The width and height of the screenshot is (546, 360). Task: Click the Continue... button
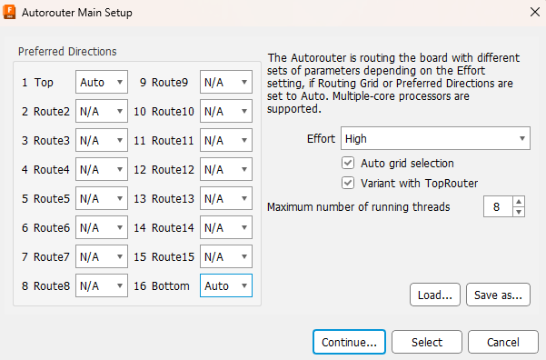click(x=349, y=342)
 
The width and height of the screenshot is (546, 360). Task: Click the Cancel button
click(x=502, y=342)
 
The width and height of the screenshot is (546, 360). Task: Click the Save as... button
click(x=499, y=295)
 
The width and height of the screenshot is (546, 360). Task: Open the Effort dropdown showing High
click(x=435, y=139)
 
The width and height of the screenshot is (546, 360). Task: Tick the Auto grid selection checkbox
click(x=347, y=163)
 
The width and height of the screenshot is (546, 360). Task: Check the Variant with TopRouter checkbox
click(x=347, y=183)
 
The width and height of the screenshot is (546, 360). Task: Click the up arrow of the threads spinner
click(x=519, y=202)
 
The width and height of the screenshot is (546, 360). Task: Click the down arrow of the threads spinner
click(x=519, y=212)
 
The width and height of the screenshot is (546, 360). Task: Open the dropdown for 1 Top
click(x=102, y=82)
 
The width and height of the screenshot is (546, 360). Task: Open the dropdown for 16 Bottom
click(x=226, y=285)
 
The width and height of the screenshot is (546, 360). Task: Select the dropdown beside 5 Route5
click(x=102, y=198)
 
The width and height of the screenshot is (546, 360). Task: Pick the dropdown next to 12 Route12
click(x=226, y=169)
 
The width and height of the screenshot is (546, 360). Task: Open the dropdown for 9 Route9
click(x=226, y=82)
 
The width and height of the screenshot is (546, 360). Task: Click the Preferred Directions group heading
click(x=67, y=51)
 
